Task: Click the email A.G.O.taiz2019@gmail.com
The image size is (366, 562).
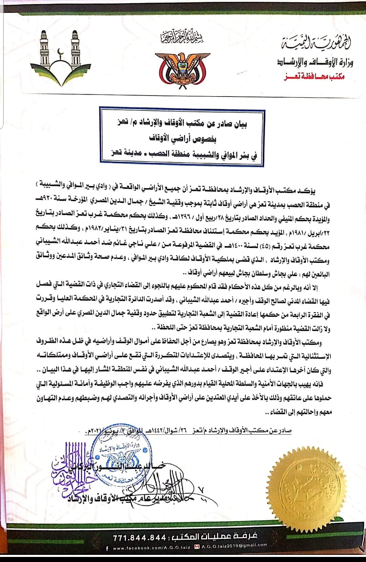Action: (x=234, y=546)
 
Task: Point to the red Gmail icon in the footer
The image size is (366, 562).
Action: (x=197, y=546)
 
